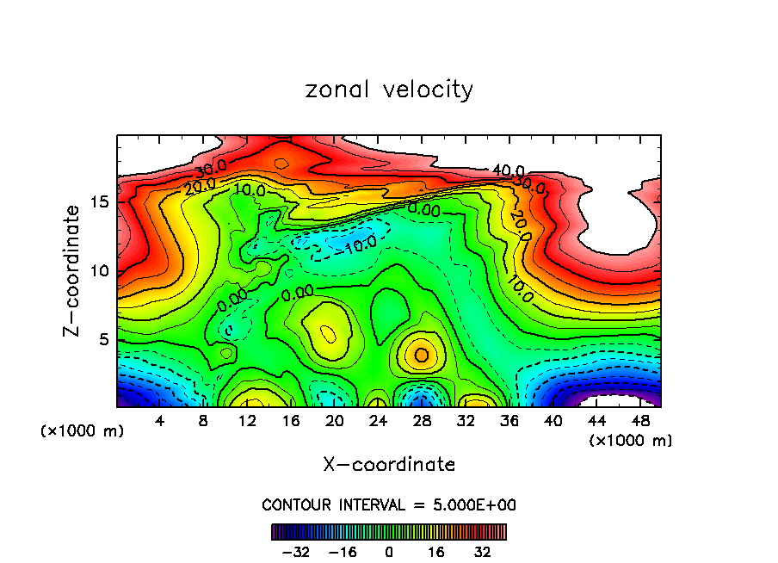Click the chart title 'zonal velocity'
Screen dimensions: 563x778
(x=389, y=90)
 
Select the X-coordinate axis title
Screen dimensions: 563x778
(x=389, y=465)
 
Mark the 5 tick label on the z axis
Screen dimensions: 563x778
(x=102, y=339)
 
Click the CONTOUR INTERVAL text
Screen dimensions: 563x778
(x=389, y=504)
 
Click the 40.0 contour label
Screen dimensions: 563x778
(x=507, y=171)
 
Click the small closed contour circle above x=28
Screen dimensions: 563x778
(x=422, y=355)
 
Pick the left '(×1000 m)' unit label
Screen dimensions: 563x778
(x=83, y=431)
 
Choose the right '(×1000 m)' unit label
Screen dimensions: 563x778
(x=630, y=441)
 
